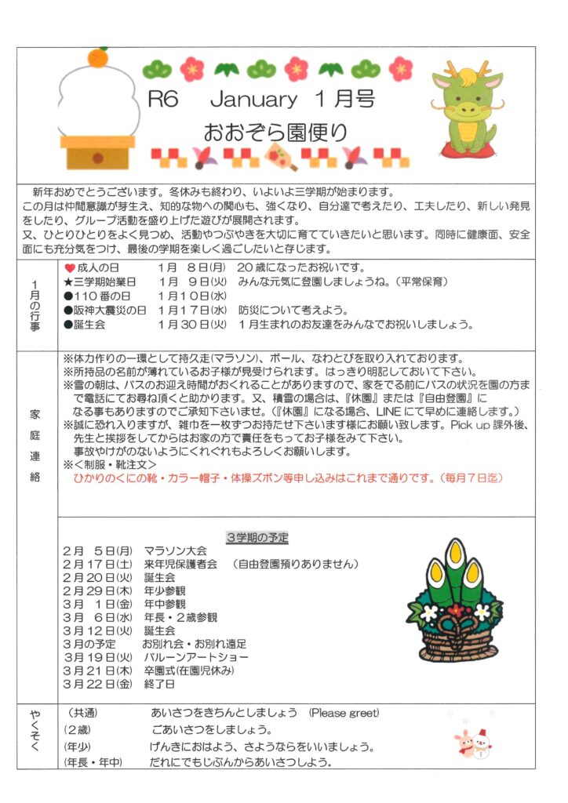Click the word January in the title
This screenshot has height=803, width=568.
[x=253, y=100]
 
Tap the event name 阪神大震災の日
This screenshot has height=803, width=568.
[x=110, y=311]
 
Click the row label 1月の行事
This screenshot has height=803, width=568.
[x=38, y=302]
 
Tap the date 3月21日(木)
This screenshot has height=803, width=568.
[x=98, y=671]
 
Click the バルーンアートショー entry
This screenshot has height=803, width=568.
[x=195, y=657]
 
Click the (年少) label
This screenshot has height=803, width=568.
[x=78, y=747]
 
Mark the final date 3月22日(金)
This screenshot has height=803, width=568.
[x=98, y=685]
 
